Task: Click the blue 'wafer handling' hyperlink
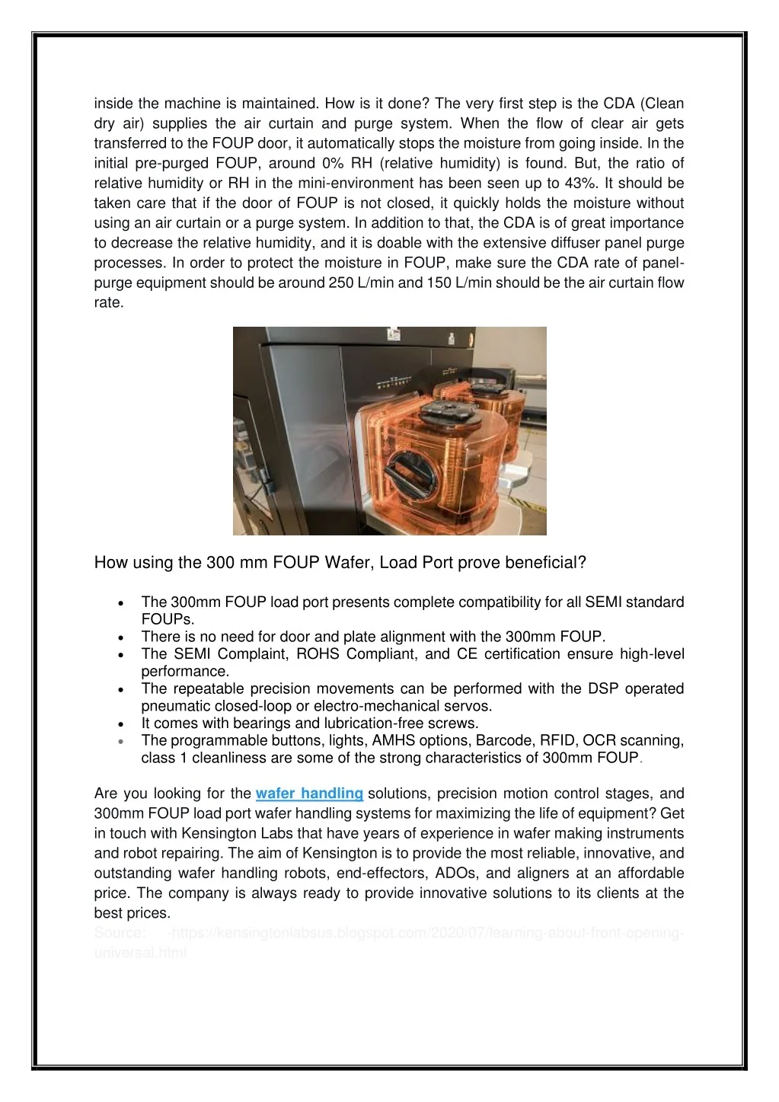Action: (309, 794)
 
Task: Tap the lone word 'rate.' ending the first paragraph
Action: (108, 302)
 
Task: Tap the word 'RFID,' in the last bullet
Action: (559, 740)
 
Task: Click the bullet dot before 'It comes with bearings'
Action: (121, 724)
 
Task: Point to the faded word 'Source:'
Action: (120, 933)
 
